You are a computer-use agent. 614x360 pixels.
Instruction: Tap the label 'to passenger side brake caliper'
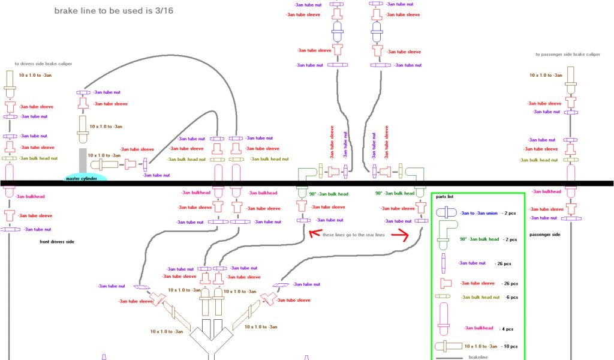pyautogui.click(x=567, y=55)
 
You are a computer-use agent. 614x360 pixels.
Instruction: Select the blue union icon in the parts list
pyautogui.click(x=446, y=213)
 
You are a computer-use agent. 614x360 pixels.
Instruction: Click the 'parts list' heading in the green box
pyautogui.click(x=445, y=197)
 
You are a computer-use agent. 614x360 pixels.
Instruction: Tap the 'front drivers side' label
pyautogui.click(x=58, y=241)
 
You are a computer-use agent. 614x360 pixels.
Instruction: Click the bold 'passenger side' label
pyautogui.click(x=545, y=235)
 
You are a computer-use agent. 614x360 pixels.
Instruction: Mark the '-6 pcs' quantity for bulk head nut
pyautogui.click(x=510, y=297)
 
